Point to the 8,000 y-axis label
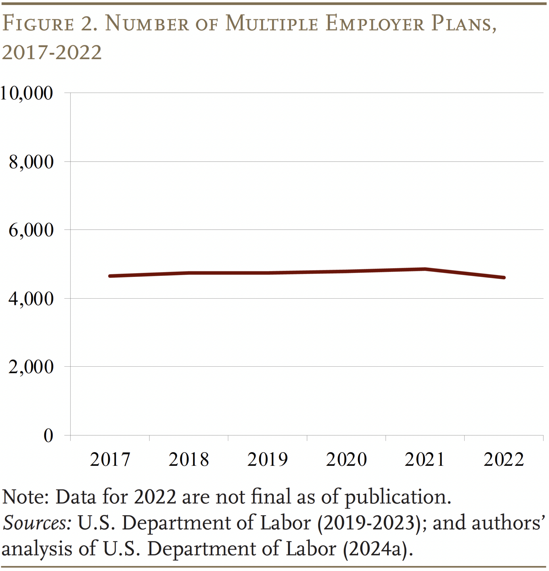pos(31,162)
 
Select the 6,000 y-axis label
pos(31,230)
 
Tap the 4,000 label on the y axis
pos(31,299)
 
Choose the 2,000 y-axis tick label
pos(31,367)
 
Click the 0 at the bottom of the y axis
pos(48,436)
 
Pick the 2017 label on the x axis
pos(110,460)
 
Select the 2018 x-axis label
pos(189,460)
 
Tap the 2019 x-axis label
pos(267,460)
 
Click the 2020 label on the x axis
pos(346,460)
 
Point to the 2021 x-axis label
pos(425,460)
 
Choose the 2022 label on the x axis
pos(503,460)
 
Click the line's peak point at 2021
pos(425,269)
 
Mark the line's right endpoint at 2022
pos(503,278)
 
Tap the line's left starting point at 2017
pos(110,276)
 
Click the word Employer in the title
pos(375,24)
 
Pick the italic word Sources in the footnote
pos(37,523)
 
